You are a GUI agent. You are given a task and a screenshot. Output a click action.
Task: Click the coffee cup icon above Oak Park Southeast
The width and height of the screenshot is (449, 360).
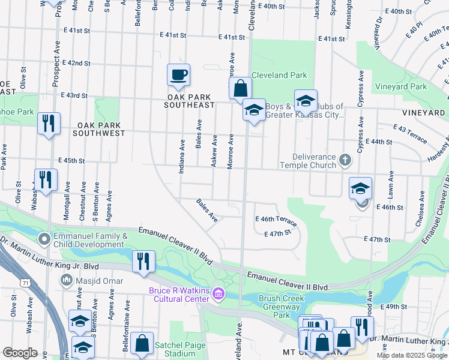pyautogui.click(x=178, y=76)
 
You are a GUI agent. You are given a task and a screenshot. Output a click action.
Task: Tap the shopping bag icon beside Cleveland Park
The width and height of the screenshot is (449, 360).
pyautogui.click(x=240, y=89)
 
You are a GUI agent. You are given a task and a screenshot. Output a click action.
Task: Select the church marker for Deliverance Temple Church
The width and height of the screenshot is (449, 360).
pyautogui.click(x=345, y=160)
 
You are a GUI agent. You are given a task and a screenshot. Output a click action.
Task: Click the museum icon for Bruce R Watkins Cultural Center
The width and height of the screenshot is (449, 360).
pyautogui.click(x=219, y=293)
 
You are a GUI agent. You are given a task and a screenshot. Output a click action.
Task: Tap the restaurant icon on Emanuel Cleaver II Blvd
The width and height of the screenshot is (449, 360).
pyautogui.click(x=143, y=261)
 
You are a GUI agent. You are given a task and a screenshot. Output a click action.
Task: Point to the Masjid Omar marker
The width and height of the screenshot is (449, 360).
pyautogui.click(x=66, y=280)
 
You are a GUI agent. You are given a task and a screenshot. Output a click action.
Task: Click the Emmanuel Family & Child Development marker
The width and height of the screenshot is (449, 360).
pyautogui.click(x=44, y=239)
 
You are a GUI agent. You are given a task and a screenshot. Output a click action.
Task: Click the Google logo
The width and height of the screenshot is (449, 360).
pyautogui.click(x=20, y=352)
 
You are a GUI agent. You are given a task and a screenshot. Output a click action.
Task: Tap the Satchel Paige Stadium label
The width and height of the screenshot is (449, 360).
pyautogui.click(x=180, y=350)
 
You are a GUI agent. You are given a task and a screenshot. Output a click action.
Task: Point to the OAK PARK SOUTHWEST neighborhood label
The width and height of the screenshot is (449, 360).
pyautogui.click(x=100, y=129)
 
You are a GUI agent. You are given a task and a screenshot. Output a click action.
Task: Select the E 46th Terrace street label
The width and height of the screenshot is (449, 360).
pyautogui.click(x=276, y=220)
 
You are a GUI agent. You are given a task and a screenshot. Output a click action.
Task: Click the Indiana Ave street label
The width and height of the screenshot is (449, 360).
pyautogui.click(x=181, y=157)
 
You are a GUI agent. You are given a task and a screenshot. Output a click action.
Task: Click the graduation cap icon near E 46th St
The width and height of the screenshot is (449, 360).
pyautogui.click(x=360, y=189)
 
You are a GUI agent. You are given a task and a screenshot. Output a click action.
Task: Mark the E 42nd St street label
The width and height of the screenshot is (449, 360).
pyautogui.click(x=76, y=63)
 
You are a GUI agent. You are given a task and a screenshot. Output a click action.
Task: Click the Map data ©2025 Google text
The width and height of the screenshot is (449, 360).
pyautogui.click(x=412, y=355)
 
